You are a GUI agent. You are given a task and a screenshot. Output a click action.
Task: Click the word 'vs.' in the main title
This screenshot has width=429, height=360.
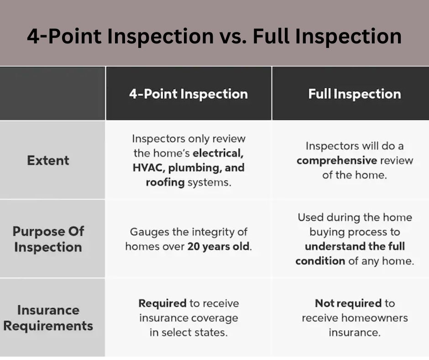pos(233,37)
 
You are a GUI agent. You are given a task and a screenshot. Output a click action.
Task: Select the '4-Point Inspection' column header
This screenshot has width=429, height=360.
pos(188,94)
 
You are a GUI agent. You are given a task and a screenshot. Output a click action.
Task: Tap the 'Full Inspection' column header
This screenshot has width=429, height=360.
pos(355,94)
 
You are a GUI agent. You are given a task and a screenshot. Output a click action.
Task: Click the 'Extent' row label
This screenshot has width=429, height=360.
pos(48,160)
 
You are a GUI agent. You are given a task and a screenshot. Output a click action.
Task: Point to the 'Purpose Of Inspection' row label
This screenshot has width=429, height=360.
pos(48,239)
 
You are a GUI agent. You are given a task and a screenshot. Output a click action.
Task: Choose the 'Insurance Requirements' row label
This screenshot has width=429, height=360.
pos(48,318)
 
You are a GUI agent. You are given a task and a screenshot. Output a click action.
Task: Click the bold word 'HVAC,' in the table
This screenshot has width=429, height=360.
pos(149,168)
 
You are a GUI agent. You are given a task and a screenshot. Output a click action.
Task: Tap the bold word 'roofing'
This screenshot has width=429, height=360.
pos(165,182)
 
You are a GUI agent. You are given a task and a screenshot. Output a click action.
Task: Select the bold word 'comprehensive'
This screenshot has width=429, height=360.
pos(337,160)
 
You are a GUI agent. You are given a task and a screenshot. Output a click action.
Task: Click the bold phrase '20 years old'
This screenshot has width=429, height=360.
pos(219,247)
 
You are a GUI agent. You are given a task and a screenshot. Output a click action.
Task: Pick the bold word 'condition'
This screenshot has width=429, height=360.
pos(320,261)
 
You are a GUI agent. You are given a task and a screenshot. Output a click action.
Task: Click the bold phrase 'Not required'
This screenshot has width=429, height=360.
pos(348,303)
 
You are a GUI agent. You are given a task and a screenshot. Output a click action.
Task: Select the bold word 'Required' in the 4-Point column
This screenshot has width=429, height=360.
pos(162,303)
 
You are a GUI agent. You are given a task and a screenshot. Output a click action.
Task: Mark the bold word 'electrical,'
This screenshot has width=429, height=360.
pos(218,153)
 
